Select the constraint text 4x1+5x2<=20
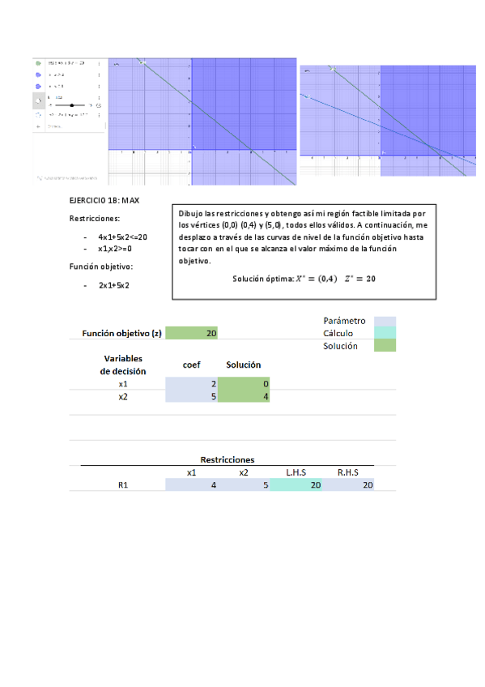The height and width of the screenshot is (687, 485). point(122,237)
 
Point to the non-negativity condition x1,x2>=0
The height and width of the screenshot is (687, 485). point(114,249)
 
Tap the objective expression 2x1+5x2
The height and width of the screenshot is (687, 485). point(114,285)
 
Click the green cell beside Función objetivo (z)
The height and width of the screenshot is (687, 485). point(191,333)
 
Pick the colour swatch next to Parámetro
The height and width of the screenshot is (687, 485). point(384,321)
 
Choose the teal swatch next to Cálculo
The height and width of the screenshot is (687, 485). point(384,333)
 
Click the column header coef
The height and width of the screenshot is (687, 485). point(191,365)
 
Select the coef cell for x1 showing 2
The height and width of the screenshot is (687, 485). point(191,383)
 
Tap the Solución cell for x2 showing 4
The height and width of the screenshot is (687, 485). point(244,397)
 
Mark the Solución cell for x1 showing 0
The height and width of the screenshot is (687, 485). point(244,383)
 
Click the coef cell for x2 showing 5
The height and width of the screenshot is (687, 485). point(191,397)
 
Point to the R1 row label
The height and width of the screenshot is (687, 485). point(123,485)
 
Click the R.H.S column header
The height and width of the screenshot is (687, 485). point(347,472)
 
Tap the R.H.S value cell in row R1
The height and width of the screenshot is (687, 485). point(347,485)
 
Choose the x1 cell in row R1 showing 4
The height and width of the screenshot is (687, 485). point(191,485)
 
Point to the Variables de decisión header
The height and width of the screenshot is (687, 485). point(123,365)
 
